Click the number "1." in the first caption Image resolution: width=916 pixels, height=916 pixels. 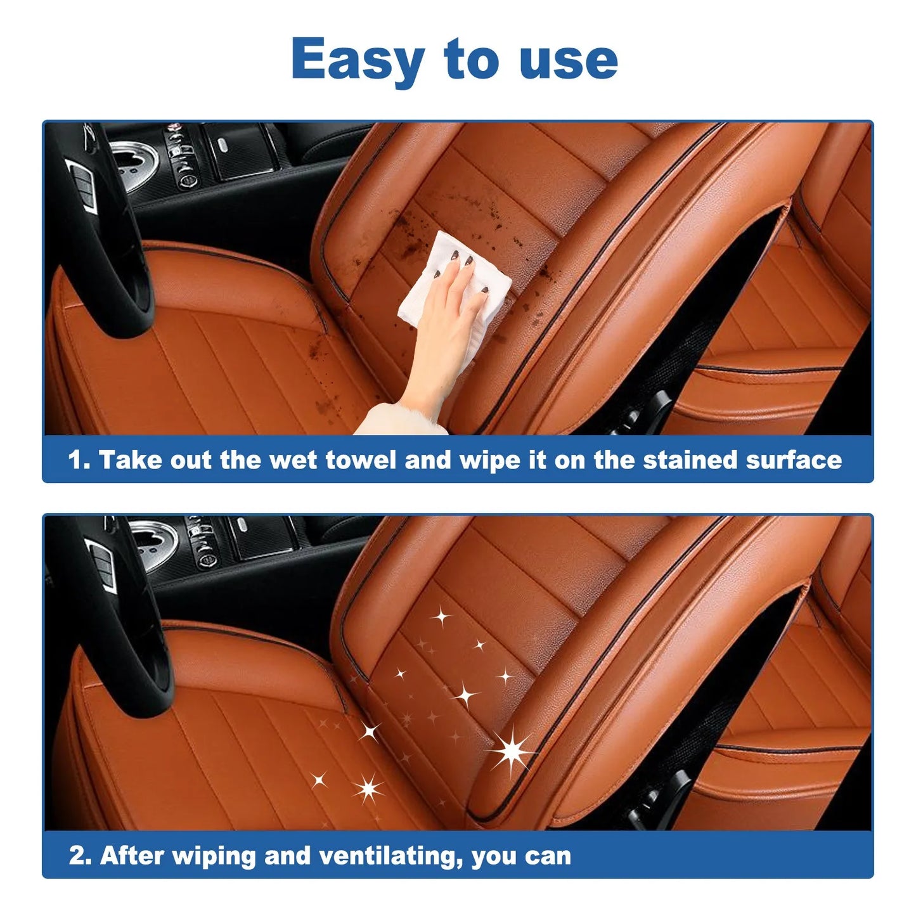click(x=79, y=460)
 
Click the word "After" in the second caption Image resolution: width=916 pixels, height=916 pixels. click(x=132, y=856)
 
